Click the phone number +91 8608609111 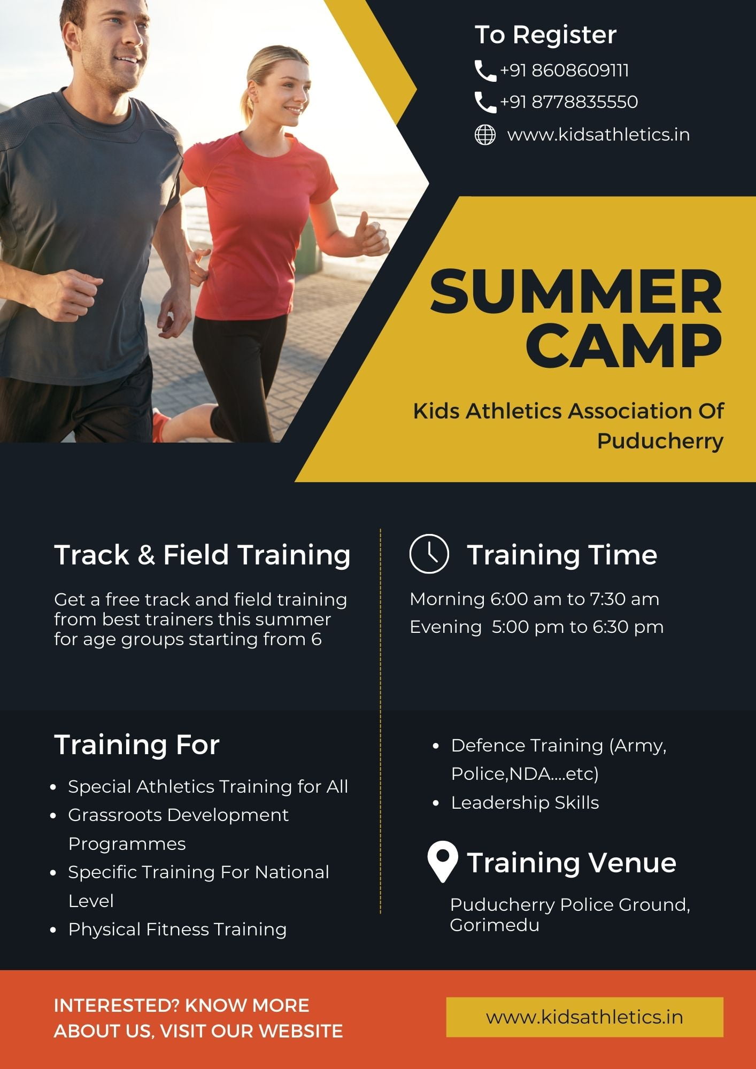pos(564,71)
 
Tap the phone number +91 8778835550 pos(569,102)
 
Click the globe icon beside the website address pos(485,134)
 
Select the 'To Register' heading pos(545,35)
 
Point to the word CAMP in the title pos(624,346)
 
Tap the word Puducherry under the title pos(660,441)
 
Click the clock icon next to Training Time pos(429,553)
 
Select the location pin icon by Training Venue pos(443,862)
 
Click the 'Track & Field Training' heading pos(202,554)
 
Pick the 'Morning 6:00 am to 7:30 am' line pos(534,599)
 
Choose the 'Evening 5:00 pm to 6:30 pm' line pos(536,627)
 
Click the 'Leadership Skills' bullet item pos(524,802)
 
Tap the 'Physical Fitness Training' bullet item pos(177,929)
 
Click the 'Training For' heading pos(137,745)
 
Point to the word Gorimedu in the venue pos(495,925)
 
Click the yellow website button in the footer pos(584,1017)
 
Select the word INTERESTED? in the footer pos(116,1005)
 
